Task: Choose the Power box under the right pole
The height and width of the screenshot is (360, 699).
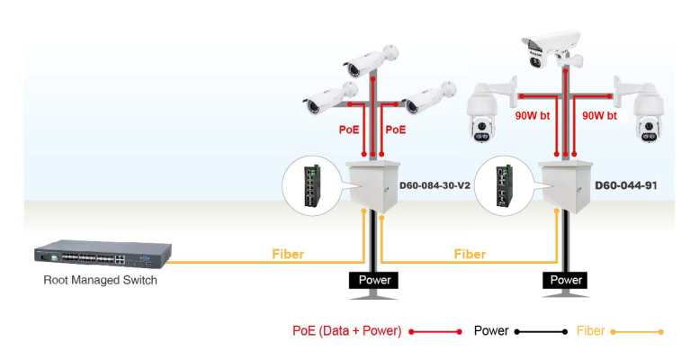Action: pyautogui.click(x=566, y=280)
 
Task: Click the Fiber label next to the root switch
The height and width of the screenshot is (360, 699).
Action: pyautogui.click(x=288, y=255)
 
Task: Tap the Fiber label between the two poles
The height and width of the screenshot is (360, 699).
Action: pyautogui.click(x=470, y=255)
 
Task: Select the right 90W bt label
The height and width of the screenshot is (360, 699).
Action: pyautogui.click(x=599, y=116)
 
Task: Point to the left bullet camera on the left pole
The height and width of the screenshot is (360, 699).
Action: pyautogui.click(x=329, y=97)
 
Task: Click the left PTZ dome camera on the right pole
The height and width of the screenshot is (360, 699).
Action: pyautogui.click(x=485, y=112)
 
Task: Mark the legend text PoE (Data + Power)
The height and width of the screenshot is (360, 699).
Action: pyautogui.click(x=346, y=331)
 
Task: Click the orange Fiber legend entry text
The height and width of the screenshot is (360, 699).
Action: pyautogui.click(x=590, y=331)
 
